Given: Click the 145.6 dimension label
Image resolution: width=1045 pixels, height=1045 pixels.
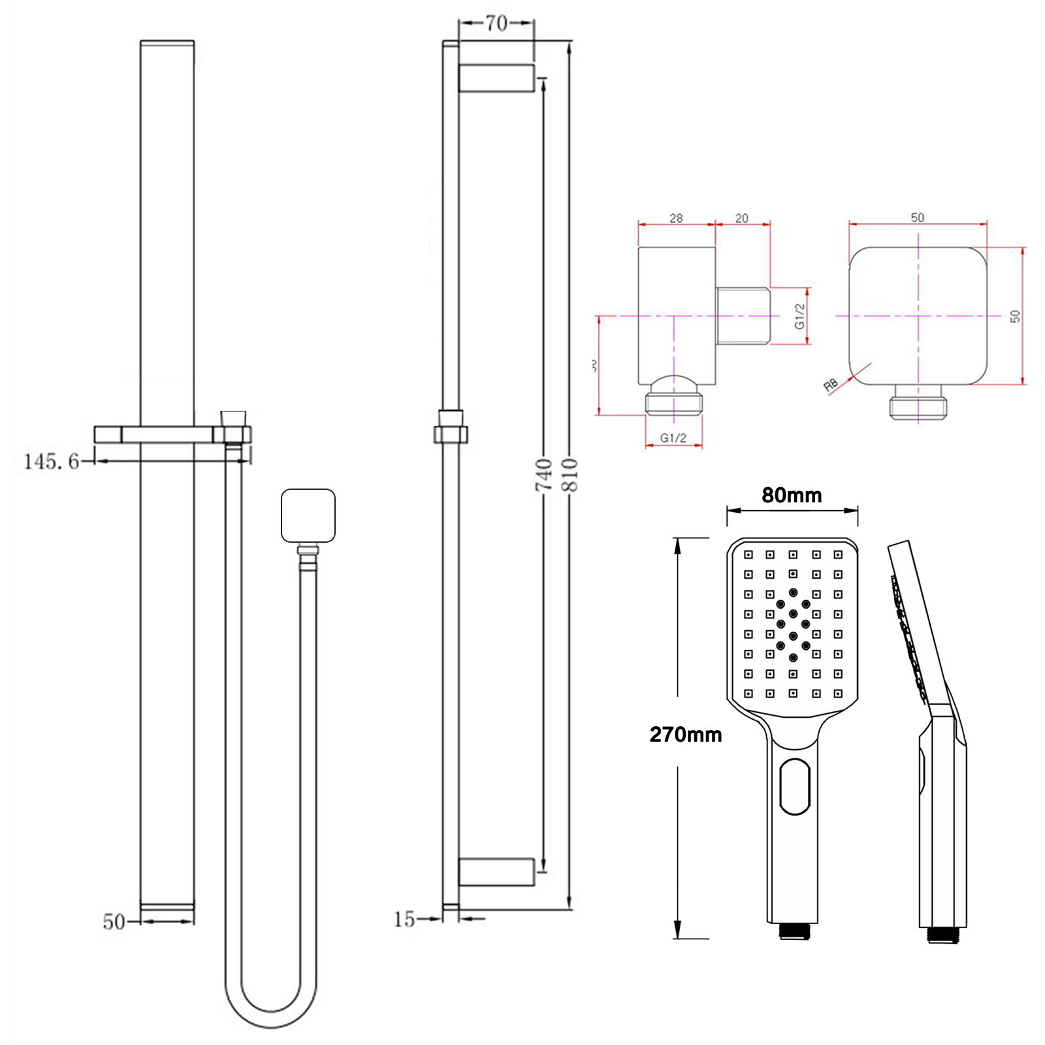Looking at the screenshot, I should pos(51,462).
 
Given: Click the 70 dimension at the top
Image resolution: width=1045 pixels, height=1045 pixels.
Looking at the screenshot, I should pos(496,24).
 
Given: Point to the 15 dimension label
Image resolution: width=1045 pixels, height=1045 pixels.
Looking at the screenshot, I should pos(404,920).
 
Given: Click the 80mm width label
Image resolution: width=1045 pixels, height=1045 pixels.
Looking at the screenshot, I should pos(792,495).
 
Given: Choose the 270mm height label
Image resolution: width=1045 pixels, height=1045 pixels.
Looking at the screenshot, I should pos(685,735).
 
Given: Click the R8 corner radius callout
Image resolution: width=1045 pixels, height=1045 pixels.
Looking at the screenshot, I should pos(830,385).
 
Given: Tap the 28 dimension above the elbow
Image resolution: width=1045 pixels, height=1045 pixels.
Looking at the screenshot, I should pos(676,218).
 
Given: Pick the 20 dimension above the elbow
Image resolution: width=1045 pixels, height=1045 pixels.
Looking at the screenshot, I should pos(742,218).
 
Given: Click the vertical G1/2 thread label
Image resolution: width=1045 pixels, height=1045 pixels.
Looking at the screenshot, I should pos(799,316).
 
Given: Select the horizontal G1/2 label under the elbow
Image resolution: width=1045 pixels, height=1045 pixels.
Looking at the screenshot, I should pos(673,438).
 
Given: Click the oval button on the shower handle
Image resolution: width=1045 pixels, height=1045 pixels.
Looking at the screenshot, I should pos(795,786).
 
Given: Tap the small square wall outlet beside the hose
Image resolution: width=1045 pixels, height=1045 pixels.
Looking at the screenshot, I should pos(308,515).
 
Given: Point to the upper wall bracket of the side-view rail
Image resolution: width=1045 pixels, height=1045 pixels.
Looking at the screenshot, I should pos(496,78).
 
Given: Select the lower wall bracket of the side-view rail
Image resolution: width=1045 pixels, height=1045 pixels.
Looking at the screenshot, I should pos(496,872).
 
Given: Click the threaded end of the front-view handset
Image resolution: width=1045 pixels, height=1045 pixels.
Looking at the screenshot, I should pos(795,931).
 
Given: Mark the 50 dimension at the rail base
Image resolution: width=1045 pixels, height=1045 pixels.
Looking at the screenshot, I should pos(114,922).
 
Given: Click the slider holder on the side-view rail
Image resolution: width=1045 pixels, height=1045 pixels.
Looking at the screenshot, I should pos(451,431).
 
